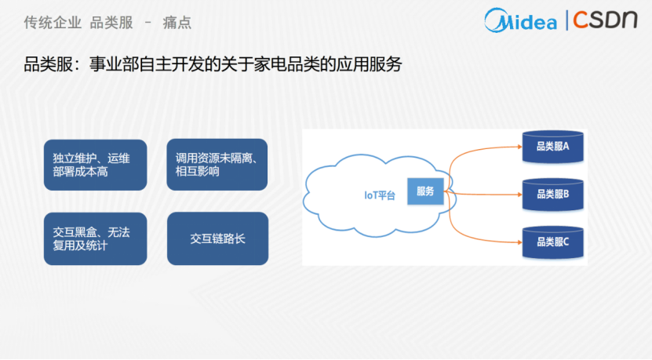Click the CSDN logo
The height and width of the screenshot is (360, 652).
[605, 20]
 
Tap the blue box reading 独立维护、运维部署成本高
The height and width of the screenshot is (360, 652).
[95, 165]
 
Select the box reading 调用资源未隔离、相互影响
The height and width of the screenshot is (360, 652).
[217, 165]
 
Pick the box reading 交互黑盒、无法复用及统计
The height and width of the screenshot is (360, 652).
[95, 238]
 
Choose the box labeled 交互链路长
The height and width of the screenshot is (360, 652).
[217, 238]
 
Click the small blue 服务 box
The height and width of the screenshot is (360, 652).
[425, 191]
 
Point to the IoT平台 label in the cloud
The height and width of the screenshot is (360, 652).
[380, 195]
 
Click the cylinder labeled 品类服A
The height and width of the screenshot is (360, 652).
[552, 147]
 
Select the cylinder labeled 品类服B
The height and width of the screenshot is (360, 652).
[552, 195]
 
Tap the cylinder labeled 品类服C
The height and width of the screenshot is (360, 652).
[552, 242]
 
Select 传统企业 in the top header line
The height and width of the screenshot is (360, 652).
[53, 23]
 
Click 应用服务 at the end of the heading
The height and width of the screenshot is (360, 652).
[370, 64]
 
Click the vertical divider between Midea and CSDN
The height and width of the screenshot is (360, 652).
[566, 20]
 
